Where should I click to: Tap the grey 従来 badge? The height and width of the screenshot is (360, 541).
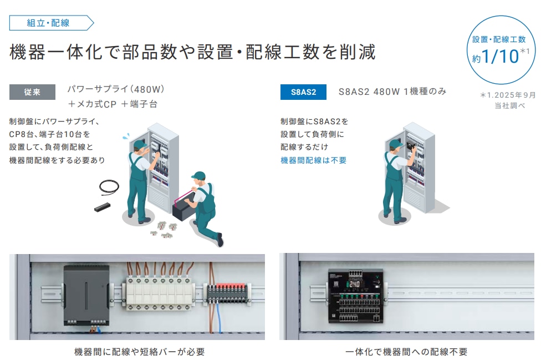[x=32, y=92]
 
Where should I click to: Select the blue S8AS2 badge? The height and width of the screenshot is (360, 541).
[x=303, y=92]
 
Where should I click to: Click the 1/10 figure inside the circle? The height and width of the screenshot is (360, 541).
[x=500, y=56]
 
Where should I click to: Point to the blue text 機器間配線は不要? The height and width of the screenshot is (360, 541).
[x=313, y=160]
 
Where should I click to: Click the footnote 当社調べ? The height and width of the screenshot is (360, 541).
[x=509, y=105]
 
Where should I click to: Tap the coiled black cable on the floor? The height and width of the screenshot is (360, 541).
[x=109, y=187]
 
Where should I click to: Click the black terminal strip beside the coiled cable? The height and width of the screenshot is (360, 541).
[x=102, y=207]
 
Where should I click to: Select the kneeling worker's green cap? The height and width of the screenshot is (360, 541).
[x=199, y=176]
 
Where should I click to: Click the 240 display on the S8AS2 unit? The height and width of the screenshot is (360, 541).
[x=354, y=284]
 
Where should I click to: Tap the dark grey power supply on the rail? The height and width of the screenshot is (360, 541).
[x=86, y=295]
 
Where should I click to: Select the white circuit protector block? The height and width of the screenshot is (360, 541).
[x=159, y=293]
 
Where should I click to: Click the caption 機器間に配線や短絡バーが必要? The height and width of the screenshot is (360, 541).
[x=139, y=352]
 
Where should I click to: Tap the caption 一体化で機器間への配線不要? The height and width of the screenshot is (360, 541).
[x=406, y=352]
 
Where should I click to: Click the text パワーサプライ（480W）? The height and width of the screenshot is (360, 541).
[x=116, y=89]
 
